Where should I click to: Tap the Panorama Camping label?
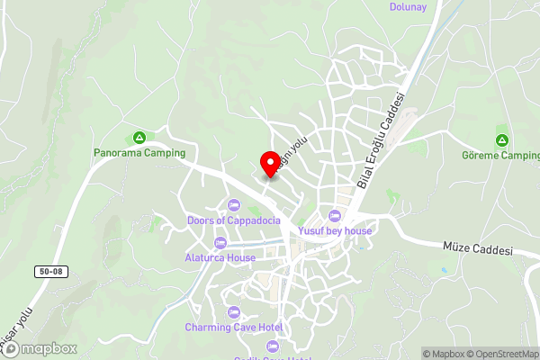click(139, 153)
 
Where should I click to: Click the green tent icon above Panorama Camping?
click(139, 138)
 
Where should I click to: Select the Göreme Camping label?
click(499, 156)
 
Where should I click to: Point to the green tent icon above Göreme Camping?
click(501, 140)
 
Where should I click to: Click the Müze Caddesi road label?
click(477, 247)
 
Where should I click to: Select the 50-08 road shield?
click(52, 271)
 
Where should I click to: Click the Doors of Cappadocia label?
click(234, 220)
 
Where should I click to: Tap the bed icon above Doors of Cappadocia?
click(234, 205)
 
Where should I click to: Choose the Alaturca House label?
click(221, 257)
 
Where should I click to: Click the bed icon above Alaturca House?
click(221, 242)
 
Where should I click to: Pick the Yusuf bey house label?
click(336, 231)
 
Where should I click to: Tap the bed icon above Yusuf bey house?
click(335, 216)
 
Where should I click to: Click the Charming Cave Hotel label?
click(234, 327)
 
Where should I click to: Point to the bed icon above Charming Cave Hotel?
click(234, 311)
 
